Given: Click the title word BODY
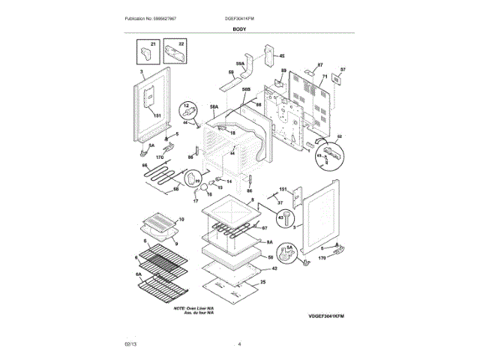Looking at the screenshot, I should tap(240, 28).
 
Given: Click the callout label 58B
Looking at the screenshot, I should tap(246, 89).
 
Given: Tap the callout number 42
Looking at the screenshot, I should tap(274, 268).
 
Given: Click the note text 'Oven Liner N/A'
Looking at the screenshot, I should tap(194, 307).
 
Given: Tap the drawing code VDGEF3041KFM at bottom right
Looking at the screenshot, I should tap(329, 316).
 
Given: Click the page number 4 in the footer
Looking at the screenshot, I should tap(239, 344).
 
